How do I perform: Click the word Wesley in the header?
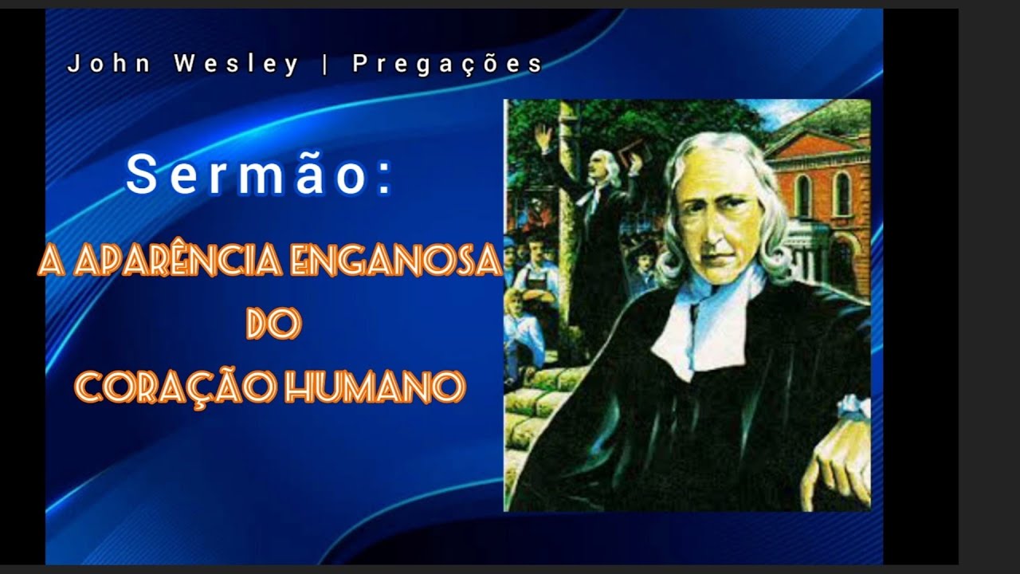[237, 65]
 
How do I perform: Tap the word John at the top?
[109, 65]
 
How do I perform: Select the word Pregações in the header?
[447, 65]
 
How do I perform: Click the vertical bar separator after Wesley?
[325, 65]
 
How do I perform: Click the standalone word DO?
[273, 324]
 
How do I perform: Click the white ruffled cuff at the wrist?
[854, 406]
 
